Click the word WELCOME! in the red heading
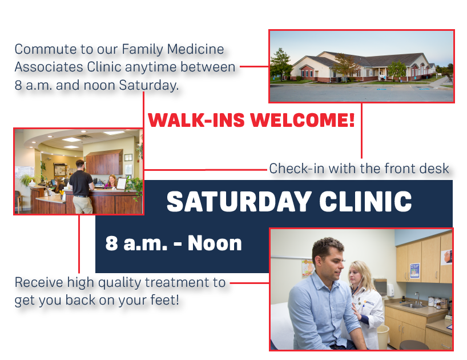[303, 120]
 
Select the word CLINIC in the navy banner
[365, 202]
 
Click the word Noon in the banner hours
[215, 243]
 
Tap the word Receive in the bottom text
[39, 282]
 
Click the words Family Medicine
[173, 50]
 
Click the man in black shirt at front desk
[81, 187]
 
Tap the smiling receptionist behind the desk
[111, 182]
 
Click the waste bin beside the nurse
[383, 336]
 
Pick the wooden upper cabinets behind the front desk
[104, 162]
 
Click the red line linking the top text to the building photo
[254, 66]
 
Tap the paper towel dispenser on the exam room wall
[380, 286]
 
